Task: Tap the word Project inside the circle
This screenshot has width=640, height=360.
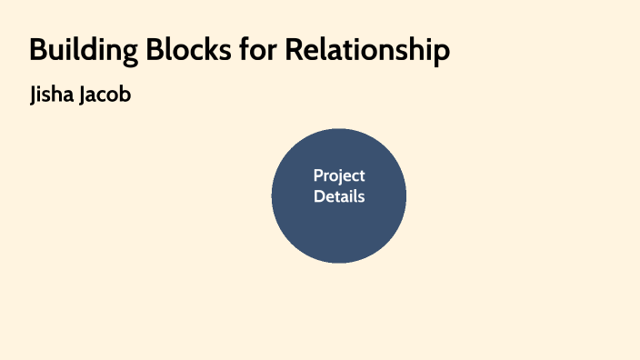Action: click(339, 175)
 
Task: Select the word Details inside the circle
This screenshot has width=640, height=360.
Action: click(339, 195)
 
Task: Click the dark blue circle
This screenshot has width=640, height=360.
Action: click(339, 232)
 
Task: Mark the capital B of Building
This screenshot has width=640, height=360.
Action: click(39, 50)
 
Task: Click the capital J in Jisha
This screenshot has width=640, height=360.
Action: click(35, 95)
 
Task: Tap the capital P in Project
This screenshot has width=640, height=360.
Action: click(318, 175)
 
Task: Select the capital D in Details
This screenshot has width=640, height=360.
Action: click(319, 195)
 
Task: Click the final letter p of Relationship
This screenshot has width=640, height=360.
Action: click(442, 53)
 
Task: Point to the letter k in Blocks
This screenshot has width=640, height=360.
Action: click(201, 50)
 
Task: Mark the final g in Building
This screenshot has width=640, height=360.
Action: click(116, 54)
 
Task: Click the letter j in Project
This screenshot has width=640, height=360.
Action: click(338, 177)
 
